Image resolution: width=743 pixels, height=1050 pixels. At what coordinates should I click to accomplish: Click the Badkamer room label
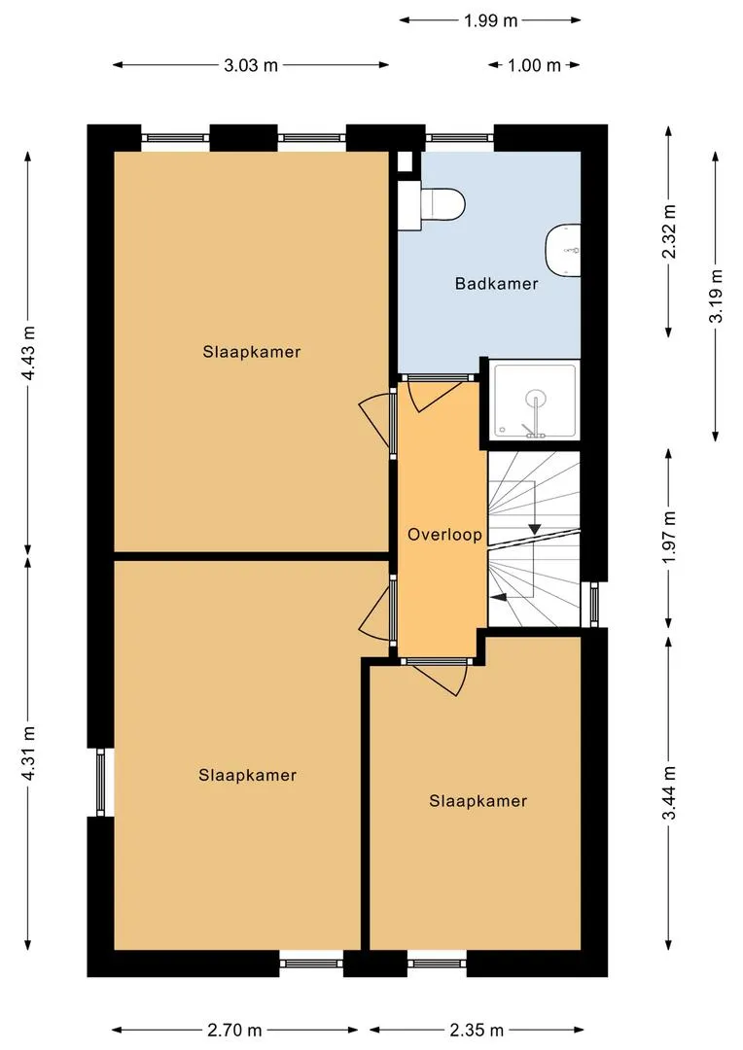pyautogui.click(x=496, y=283)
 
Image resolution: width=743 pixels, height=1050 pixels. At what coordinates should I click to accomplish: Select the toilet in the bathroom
pyautogui.click(x=432, y=203)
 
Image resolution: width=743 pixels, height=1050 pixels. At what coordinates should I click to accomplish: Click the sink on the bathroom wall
pyautogui.click(x=563, y=250)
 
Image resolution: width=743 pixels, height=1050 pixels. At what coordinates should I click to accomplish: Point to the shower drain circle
pyautogui.click(x=535, y=400)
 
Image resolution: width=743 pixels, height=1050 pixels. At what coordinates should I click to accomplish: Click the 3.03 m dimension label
pyautogui.click(x=251, y=65)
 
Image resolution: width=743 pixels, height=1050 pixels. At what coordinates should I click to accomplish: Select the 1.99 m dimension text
pyautogui.click(x=491, y=20)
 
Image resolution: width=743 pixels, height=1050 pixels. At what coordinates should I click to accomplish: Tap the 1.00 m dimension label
pyautogui.click(x=534, y=65)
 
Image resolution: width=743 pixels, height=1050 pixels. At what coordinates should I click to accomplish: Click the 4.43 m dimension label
pyautogui.click(x=29, y=353)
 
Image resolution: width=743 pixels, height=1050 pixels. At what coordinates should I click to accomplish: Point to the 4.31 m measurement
pyautogui.click(x=29, y=753)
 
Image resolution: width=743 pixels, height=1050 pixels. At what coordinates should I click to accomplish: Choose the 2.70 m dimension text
pyautogui.click(x=234, y=1030)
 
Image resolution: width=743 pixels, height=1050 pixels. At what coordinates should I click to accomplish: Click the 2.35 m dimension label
pyautogui.click(x=477, y=1030)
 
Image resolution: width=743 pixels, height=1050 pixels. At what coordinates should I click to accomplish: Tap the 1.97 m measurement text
pyautogui.click(x=669, y=537)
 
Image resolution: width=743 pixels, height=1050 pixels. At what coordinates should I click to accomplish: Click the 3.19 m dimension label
pyautogui.click(x=716, y=296)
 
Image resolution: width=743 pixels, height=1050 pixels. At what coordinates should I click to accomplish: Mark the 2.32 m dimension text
pyautogui.click(x=669, y=231)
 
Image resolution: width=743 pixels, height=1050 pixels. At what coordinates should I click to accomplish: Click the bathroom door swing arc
pyautogui.click(x=437, y=401)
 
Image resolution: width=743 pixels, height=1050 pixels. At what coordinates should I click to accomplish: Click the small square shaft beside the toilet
pyautogui.click(x=405, y=161)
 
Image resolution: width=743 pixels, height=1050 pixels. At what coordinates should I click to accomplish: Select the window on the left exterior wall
pyautogui.click(x=100, y=782)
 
